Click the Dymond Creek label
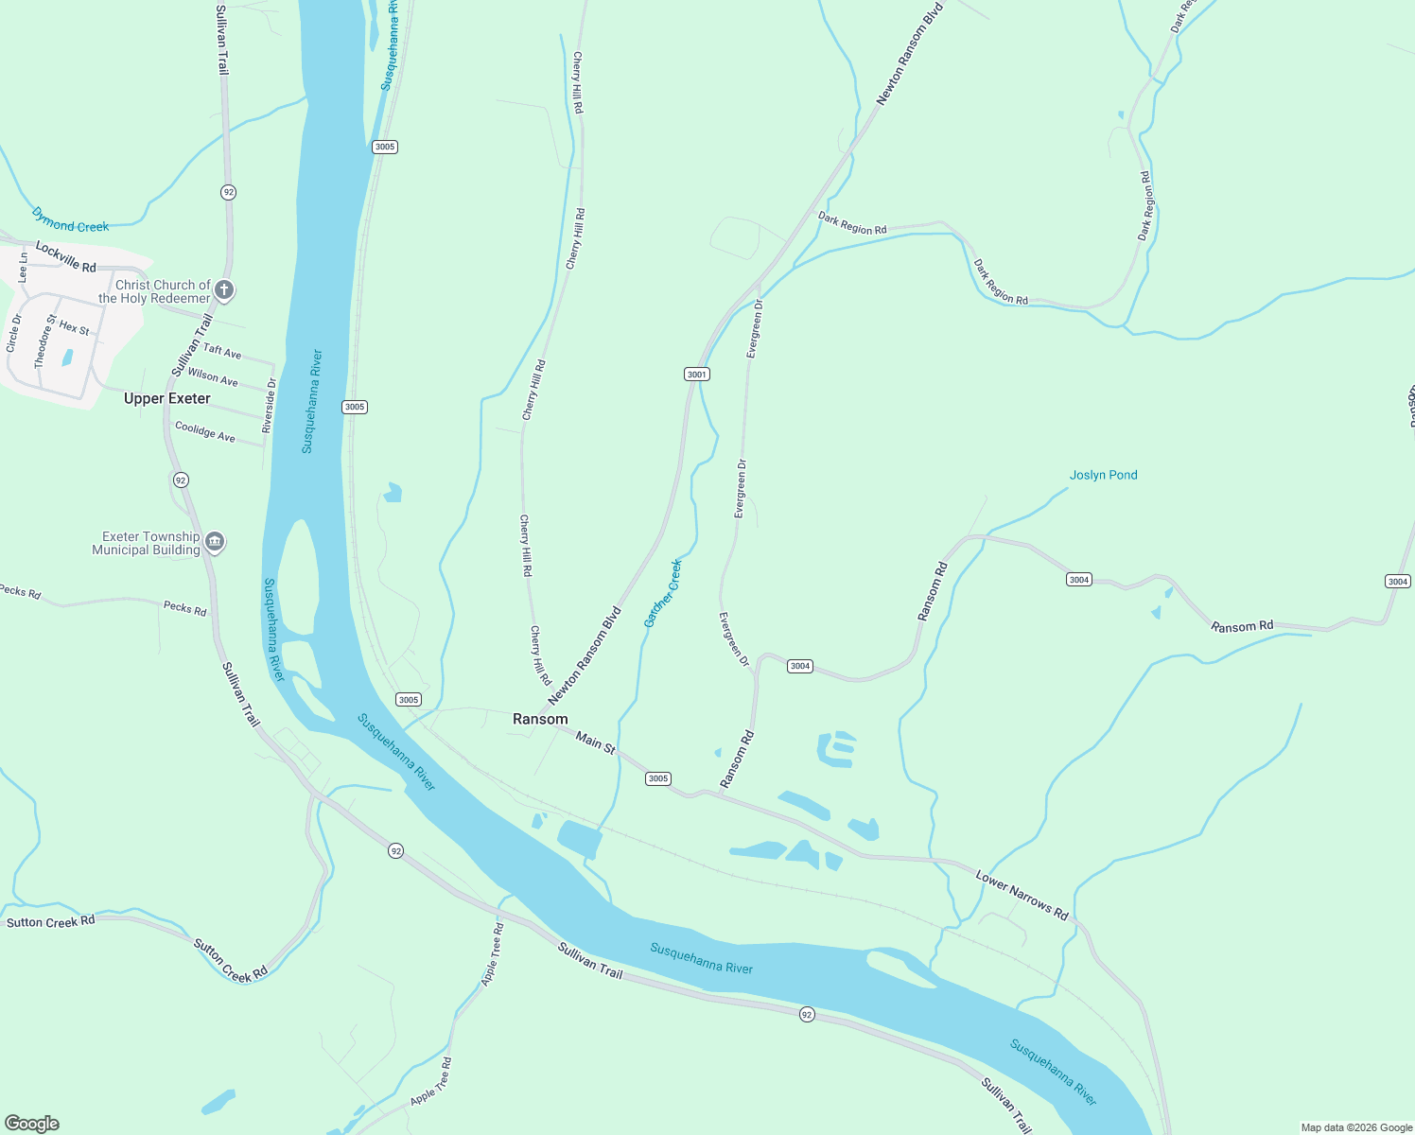click(x=70, y=220)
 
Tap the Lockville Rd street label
click(x=66, y=256)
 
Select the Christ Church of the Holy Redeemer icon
click(x=224, y=289)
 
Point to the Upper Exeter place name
click(x=166, y=398)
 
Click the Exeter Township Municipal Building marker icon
click(x=215, y=542)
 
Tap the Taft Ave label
click(x=222, y=351)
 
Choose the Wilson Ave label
click(x=213, y=376)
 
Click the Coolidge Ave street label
click(x=205, y=431)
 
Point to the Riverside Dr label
click(x=269, y=406)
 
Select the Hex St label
click(x=75, y=327)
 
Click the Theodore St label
click(x=45, y=341)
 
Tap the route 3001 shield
click(x=697, y=375)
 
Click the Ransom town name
click(x=540, y=719)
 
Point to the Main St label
click(x=596, y=742)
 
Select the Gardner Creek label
click(x=663, y=593)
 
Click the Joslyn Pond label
click(x=1103, y=475)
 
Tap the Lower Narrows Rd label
click(x=1022, y=895)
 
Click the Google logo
click(x=32, y=1124)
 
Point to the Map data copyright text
click(x=1356, y=1127)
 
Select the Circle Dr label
click(x=14, y=333)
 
